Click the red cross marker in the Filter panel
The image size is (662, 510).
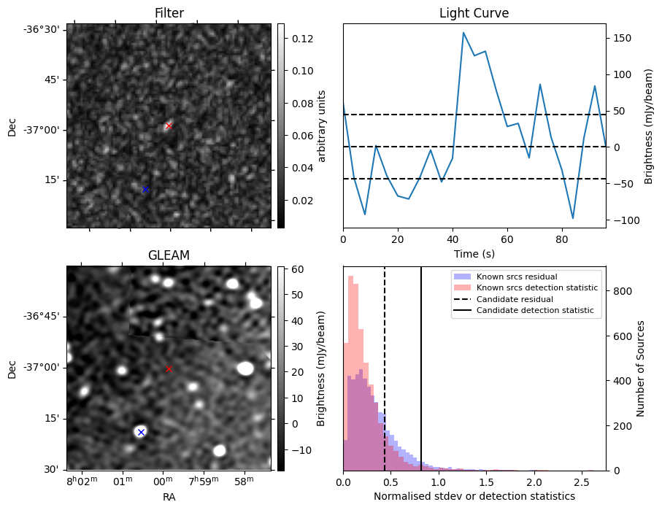coord(169,126)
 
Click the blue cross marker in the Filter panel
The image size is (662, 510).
coord(145,190)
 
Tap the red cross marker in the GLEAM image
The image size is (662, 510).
coord(169,369)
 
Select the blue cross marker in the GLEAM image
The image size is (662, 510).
coord(141,433)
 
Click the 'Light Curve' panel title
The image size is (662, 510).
coord(474,13)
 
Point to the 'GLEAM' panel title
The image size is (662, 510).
coord(169,255)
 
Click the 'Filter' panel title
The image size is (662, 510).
coord(169,13)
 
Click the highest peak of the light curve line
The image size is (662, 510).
coord(463,33)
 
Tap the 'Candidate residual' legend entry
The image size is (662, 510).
coord(515,300)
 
